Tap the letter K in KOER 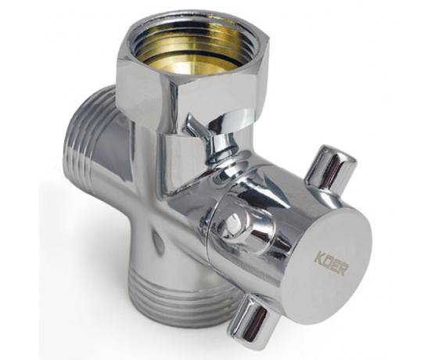319,257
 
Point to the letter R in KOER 343,269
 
